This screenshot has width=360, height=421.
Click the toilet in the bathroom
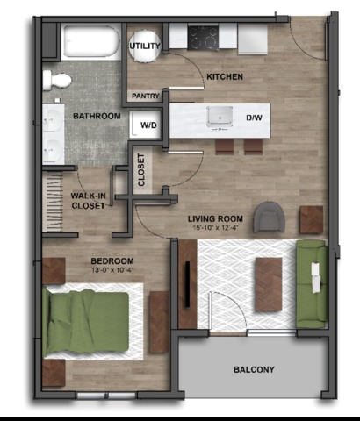57,80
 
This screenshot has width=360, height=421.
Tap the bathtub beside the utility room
91,41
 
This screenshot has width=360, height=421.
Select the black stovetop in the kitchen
203,38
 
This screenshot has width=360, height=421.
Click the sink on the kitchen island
220,118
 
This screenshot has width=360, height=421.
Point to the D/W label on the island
254,118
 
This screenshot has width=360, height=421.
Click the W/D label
148,125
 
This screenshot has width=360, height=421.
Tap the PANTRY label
146,96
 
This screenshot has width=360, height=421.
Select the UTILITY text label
145,46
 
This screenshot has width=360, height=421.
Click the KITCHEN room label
225,76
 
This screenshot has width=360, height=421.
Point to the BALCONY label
254,369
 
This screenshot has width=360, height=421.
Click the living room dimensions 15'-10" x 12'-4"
215,227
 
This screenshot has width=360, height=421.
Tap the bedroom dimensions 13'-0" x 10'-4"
112,269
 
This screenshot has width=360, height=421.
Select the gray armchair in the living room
270,217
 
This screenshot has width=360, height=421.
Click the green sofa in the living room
312,284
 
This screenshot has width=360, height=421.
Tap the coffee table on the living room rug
269,284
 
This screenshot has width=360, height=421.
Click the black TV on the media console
187,284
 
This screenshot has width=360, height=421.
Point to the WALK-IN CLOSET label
88,201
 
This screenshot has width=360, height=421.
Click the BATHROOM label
97,116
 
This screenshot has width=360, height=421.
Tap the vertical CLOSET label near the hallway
141,170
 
